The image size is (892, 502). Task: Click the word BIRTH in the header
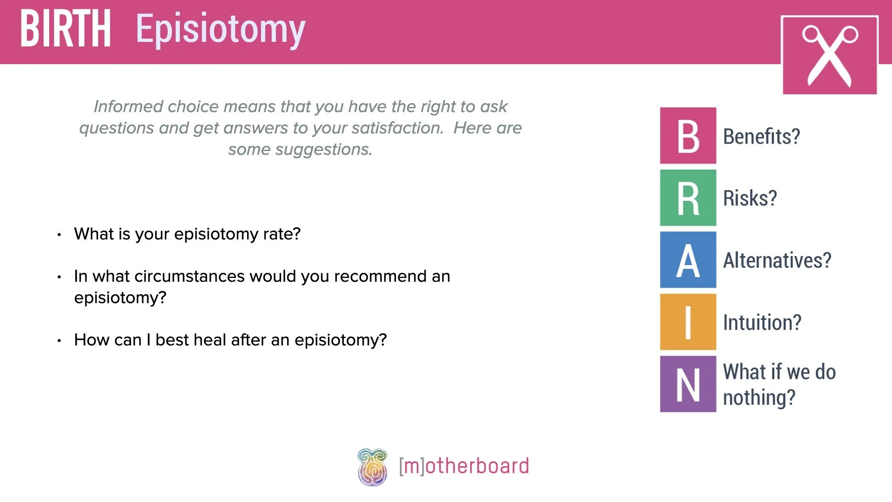click(66, 29)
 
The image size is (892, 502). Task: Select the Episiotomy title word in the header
click(221, 30)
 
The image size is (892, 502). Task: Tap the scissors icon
click(830, 55)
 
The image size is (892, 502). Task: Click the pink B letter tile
click(688, 136)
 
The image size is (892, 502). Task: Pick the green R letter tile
click(688, 198)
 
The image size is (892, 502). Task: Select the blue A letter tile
click(688, 260)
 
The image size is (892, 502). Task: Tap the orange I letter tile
click(688, 322)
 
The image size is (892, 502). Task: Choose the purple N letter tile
click(688, 384)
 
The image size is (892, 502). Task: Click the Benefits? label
click(761, 137)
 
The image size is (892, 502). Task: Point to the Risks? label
click(750, 198)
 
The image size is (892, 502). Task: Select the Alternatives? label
click(777, 260)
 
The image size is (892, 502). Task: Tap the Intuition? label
click(762, 323)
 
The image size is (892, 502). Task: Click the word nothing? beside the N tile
click(759, 398)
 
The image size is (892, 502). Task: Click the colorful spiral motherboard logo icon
click(372, 467)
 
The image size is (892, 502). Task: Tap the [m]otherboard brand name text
click(464, 466)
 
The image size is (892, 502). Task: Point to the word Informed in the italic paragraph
click(128, 106)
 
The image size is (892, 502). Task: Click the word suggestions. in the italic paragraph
click(323, 150)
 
